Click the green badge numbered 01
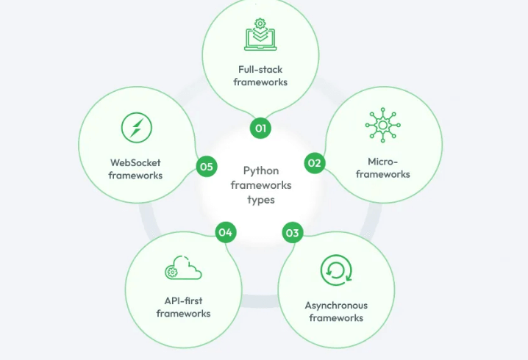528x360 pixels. (x=260, y=128)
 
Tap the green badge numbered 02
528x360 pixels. (x=315, y=163)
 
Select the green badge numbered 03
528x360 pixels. (x=293, y=234)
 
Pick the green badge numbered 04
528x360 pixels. (x=225, y=232)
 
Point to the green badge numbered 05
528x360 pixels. (x=207, y=167)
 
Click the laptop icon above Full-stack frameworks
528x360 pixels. (x=260, y=35)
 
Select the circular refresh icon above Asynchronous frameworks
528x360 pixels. (x=336, y=270)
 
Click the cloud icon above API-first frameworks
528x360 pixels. (x=183, y=270)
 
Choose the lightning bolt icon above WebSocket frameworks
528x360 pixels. (x=135, y=129)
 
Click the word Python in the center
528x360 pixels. (x=261, y=171)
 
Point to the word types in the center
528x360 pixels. (x=261, y=198)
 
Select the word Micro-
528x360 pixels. (x=383, y=161)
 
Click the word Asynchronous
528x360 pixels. (x=336, y=305)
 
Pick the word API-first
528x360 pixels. (x=183, y=300)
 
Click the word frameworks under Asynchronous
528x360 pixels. (x=336, y=318)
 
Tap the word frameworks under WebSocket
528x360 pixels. (x=135, y=176)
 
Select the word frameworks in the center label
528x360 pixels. (x=261, y=185)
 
